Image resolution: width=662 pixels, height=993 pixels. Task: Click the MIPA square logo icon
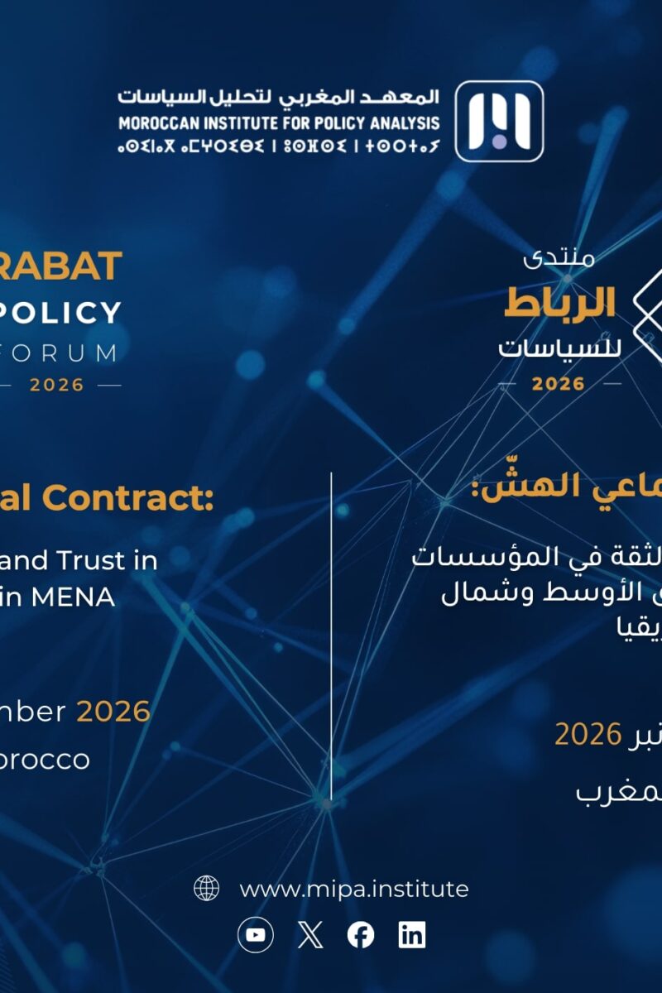(x=499, y=121)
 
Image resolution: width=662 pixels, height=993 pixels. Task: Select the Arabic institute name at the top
(x=278, y=98)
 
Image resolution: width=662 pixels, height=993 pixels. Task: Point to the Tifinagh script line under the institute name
(x=278, y=147)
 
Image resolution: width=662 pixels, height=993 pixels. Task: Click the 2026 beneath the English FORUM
(x=57, y=385)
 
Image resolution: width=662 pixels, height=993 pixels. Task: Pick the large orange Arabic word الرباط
(x=559, y=305)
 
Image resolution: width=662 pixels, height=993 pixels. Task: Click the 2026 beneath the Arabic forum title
(x=559, y=384)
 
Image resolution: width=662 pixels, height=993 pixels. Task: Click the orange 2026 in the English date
(x=113, y=711)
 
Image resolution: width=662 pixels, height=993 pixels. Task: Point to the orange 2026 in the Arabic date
(x=588, y=733)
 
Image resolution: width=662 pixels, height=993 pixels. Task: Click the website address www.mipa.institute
(x=354, y=889)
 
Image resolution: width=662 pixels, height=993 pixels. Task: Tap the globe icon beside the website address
(x=206, y=889)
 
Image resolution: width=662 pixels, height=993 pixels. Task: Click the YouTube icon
(x=256, y=935)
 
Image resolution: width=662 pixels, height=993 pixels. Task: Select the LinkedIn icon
(x=412, y=935)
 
